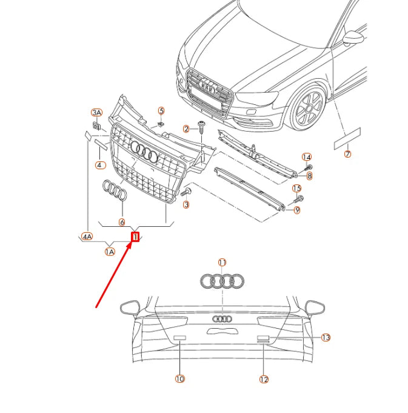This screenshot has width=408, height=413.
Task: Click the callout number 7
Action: pyautogui.click(x=347, y=154)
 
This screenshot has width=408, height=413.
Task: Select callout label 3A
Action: pyautogui.click(x=97, y=113)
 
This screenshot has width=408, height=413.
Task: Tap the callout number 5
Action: pyautogui.click(x=161, y=110)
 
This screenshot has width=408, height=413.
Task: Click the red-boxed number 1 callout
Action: pyautogui.click(x=136, y=237)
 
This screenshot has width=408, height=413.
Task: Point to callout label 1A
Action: pyautogui.click(x=110, y=251)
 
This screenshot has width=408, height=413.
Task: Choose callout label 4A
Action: pyautogui.click(x=87, y=237)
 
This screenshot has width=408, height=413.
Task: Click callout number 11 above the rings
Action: pyautogui.click(x=222, y=263)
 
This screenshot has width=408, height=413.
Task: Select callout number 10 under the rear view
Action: pyautogui.click(x=179, y=378)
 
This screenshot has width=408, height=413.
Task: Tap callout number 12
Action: pyautogui.click(x=264, y=379)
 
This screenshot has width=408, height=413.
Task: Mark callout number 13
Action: pyautogui.click(x=326, y=337)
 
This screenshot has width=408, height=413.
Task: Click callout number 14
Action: pyautogui.click(x=307, y=157)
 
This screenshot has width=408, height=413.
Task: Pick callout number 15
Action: pyautogui.click(x=297, y=189)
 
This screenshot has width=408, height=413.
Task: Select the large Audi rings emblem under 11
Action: pyautogui.click(x=222, y=281)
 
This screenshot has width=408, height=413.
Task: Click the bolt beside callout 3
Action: pyautogui.click(x=186, y=192)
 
